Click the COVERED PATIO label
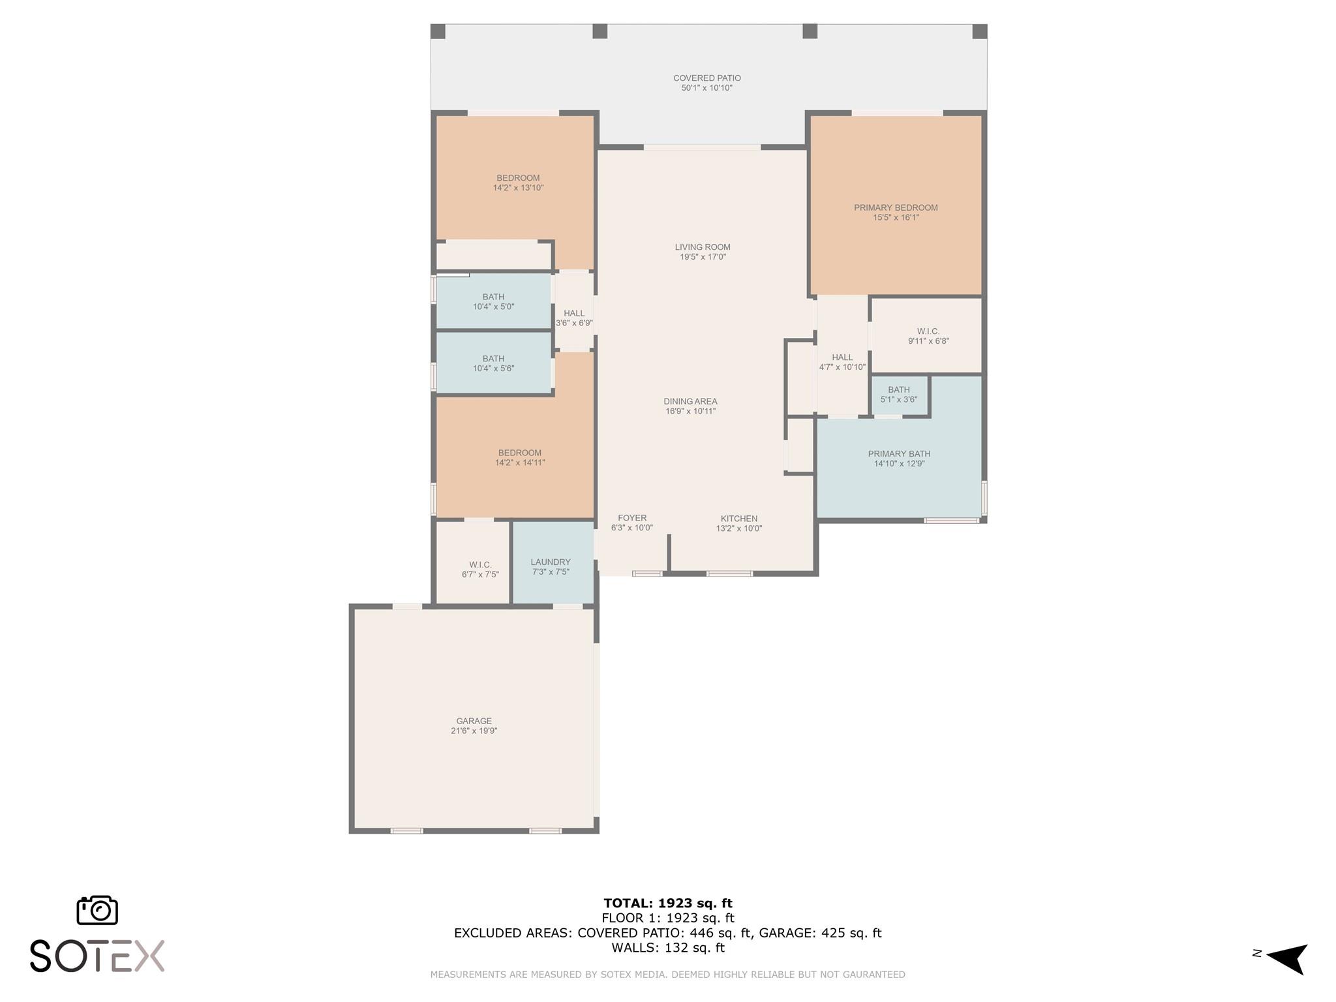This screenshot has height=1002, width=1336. click(706, 78)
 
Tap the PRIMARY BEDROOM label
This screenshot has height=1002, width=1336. click(896, 208)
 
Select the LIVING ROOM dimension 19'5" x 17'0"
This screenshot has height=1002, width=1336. click(703, 257)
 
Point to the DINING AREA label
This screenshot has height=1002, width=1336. click(690, 402)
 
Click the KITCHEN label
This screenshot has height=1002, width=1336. click(738, 519)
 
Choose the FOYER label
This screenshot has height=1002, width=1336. click(632, 518)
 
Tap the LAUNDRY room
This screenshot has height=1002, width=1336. click(551, 562)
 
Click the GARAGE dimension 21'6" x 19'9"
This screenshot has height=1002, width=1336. click(474, 731)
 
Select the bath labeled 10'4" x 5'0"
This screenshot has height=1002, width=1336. click(493, 301)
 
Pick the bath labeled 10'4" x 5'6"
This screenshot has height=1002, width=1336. click(493, 363)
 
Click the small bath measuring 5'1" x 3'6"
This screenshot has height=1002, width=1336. click(898, 395)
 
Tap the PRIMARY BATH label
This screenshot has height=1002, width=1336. click(899, 454)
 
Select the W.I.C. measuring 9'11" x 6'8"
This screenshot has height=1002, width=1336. click(928, 336)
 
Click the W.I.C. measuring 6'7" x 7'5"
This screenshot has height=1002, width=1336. click(479, 569)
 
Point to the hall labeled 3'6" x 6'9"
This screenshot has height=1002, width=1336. click(574, 318)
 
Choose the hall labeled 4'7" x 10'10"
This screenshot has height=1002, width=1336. click(842, 362)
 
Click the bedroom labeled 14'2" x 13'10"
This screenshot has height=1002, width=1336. click(518, 183)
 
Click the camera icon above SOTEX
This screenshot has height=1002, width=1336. click(97, 909)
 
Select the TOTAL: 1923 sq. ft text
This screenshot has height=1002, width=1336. click(667, 903)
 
